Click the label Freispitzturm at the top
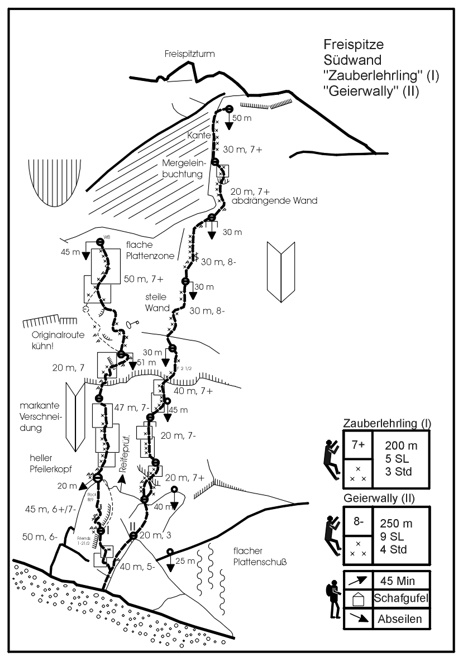click(x=190, y=54)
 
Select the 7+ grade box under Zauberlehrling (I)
click(x=358, y=445)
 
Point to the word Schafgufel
click(x=400, y=599)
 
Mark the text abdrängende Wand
click(x=274, y=201)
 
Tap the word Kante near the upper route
click(x=198, y=135)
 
